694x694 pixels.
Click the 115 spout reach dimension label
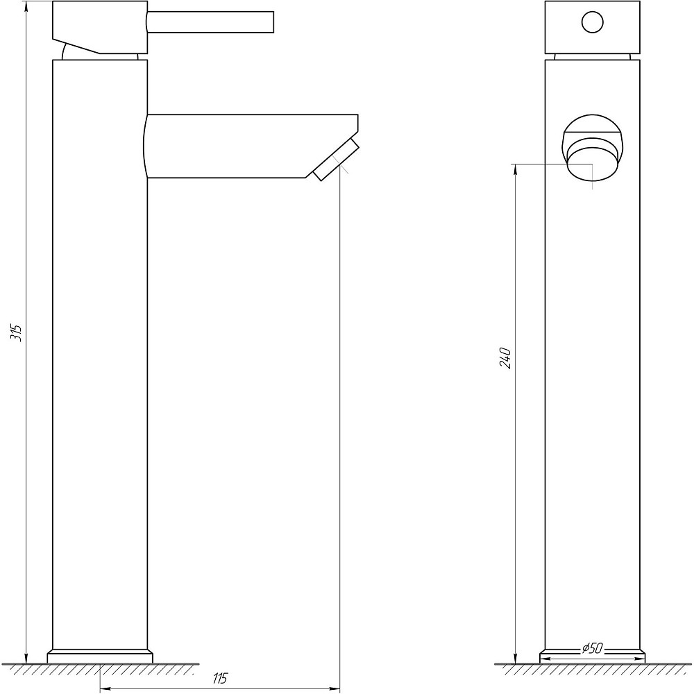point(220,679)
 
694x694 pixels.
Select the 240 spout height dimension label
point(507,357)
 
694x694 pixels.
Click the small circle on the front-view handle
point(592,23)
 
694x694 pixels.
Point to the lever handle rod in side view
point(212,22)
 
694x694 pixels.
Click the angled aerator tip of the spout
point(335,160)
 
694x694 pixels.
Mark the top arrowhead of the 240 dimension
point(516,169)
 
